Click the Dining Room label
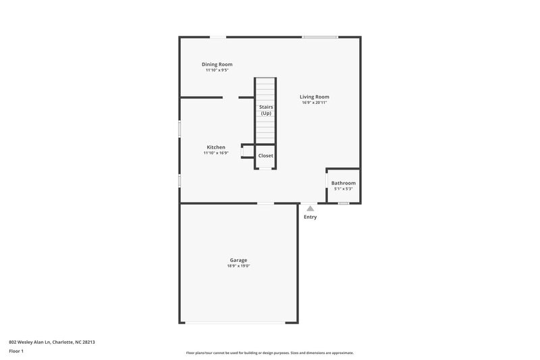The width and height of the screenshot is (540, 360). pyautogui.click(x=217, y=64)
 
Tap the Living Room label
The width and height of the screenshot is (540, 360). pyautogui.click(x=315, y=97)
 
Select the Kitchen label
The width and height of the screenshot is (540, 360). pyautogui.click(x=216, y=147)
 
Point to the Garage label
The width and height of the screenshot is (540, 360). pyautogui.click(x=238, y=260)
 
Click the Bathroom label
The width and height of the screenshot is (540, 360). pyautogui.click(x=343, y=183)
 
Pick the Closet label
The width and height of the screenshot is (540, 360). pyautogui.click(x=265, y=156)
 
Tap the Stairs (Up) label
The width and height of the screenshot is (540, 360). pyautogui.click(x=266, y=109)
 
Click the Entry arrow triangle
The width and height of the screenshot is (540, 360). pyautogui.click(x=310, y=209)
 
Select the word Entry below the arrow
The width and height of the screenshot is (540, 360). pyautogui.click(x=310, y=217)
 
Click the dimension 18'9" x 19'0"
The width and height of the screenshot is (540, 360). pyautogui.click(x=238, y=266)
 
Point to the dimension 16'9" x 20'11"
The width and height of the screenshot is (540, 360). pyautogui.click(x=315, y=103)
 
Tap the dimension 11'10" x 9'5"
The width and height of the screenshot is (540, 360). pyautogui.click(x=217, y=70)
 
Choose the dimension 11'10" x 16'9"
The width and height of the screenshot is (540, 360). pyautogui.click(x=216, y=153)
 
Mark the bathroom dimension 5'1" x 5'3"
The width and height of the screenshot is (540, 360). pyautogui.click(x=343, y=189)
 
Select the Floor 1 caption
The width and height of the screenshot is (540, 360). pyautogui.click(x=17, y=352)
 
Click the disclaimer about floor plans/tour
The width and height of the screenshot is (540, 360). pyautogui.click(x=269, y=353)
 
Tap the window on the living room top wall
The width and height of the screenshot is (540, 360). pyautogui.click(x=320, y=37)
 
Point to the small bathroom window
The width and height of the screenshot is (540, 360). pyautogui.click(x=344, y=203)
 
